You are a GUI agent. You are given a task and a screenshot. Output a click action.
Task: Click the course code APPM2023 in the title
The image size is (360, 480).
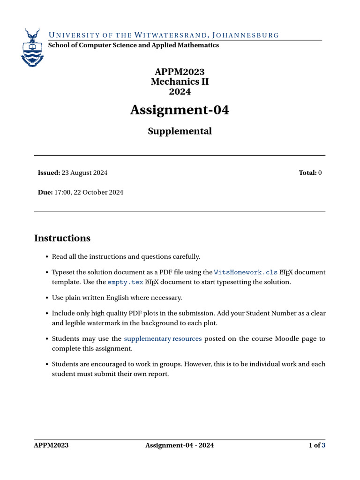(180, 72)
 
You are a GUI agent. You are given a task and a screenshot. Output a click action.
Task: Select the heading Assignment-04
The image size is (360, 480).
(180, 110)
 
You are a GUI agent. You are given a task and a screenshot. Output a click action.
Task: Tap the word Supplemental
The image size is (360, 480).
(180, 131)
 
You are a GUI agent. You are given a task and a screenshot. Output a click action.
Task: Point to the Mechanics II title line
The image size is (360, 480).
(180, 82)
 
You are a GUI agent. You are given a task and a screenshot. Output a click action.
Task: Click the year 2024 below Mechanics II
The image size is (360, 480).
(180, 91)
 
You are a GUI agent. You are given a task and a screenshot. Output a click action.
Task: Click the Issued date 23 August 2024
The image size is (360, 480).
(84, 172)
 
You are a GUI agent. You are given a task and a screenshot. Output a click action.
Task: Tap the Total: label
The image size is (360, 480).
(307, 172)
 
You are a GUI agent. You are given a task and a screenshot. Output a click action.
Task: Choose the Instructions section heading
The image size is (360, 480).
(62, 238)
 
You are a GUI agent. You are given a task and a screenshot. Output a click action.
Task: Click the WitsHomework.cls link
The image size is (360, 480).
(245, 272)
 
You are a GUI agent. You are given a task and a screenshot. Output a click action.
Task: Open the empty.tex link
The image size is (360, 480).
(125, 282)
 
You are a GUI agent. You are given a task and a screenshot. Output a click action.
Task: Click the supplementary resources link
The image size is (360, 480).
(163, 338)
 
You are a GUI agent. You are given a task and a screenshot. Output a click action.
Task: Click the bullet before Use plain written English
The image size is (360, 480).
(46, 298)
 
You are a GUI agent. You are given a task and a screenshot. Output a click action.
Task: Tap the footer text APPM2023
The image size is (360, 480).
(51, 445)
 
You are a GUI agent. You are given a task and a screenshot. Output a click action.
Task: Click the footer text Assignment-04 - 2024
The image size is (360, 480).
(180, 445)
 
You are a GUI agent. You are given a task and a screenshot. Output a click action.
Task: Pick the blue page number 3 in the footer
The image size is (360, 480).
(323, 445)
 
